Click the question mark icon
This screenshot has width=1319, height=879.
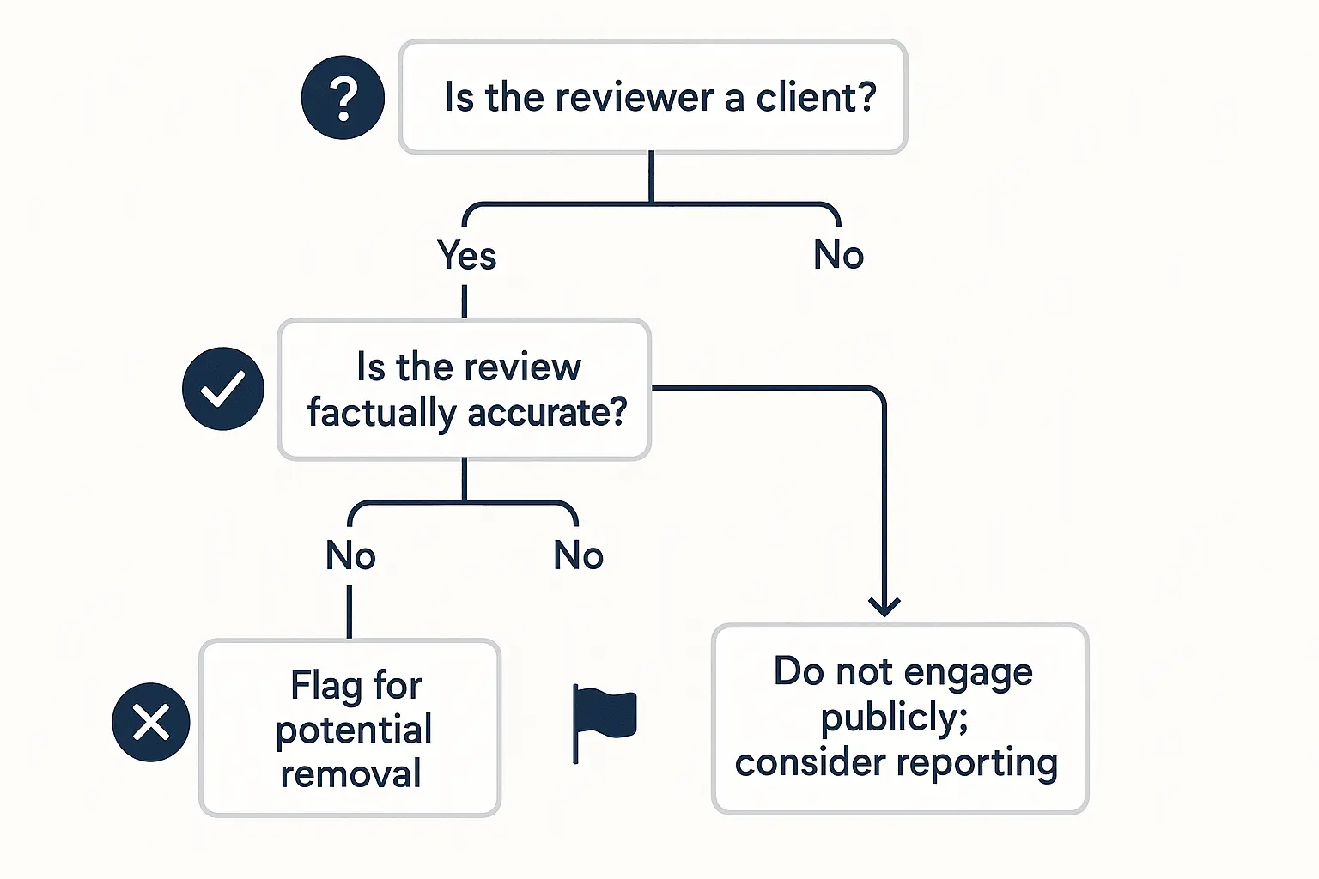click(343, 98)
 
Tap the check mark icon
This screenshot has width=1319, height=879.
click(223, 389)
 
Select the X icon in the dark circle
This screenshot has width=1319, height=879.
click(151, 722)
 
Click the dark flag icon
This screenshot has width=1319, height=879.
click(603, 718)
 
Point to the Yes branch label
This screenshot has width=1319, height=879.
click(466, 256)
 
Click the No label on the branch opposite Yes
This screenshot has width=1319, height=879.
click(838, 256)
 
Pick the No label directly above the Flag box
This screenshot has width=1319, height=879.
click(350, 556)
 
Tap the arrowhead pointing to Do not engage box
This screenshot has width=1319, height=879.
click(884, 606)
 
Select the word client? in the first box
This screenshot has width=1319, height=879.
click(816, 98)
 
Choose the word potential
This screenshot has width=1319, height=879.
click(353, 730)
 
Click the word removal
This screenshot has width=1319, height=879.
click(350, 774)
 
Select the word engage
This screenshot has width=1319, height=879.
click(968, 672)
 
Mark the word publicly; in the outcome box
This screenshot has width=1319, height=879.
click(894, 718)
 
